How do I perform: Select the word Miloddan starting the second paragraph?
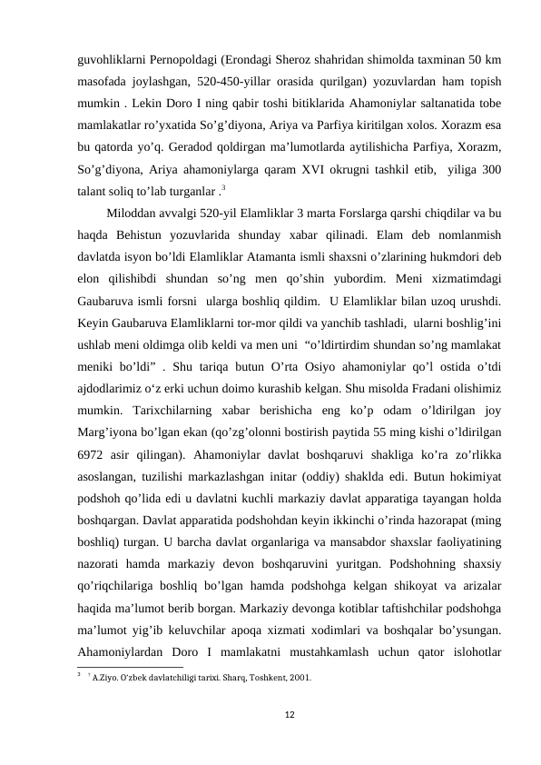(x=137, y=214)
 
